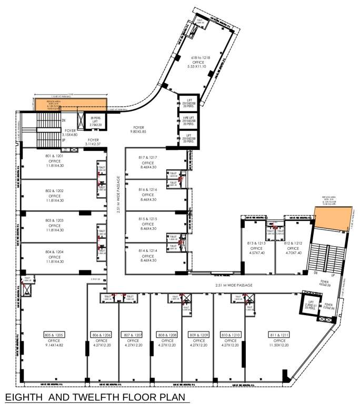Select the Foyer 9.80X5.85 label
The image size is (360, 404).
[x=139, y=129]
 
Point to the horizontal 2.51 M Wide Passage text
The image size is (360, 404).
[x=234, y=285]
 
